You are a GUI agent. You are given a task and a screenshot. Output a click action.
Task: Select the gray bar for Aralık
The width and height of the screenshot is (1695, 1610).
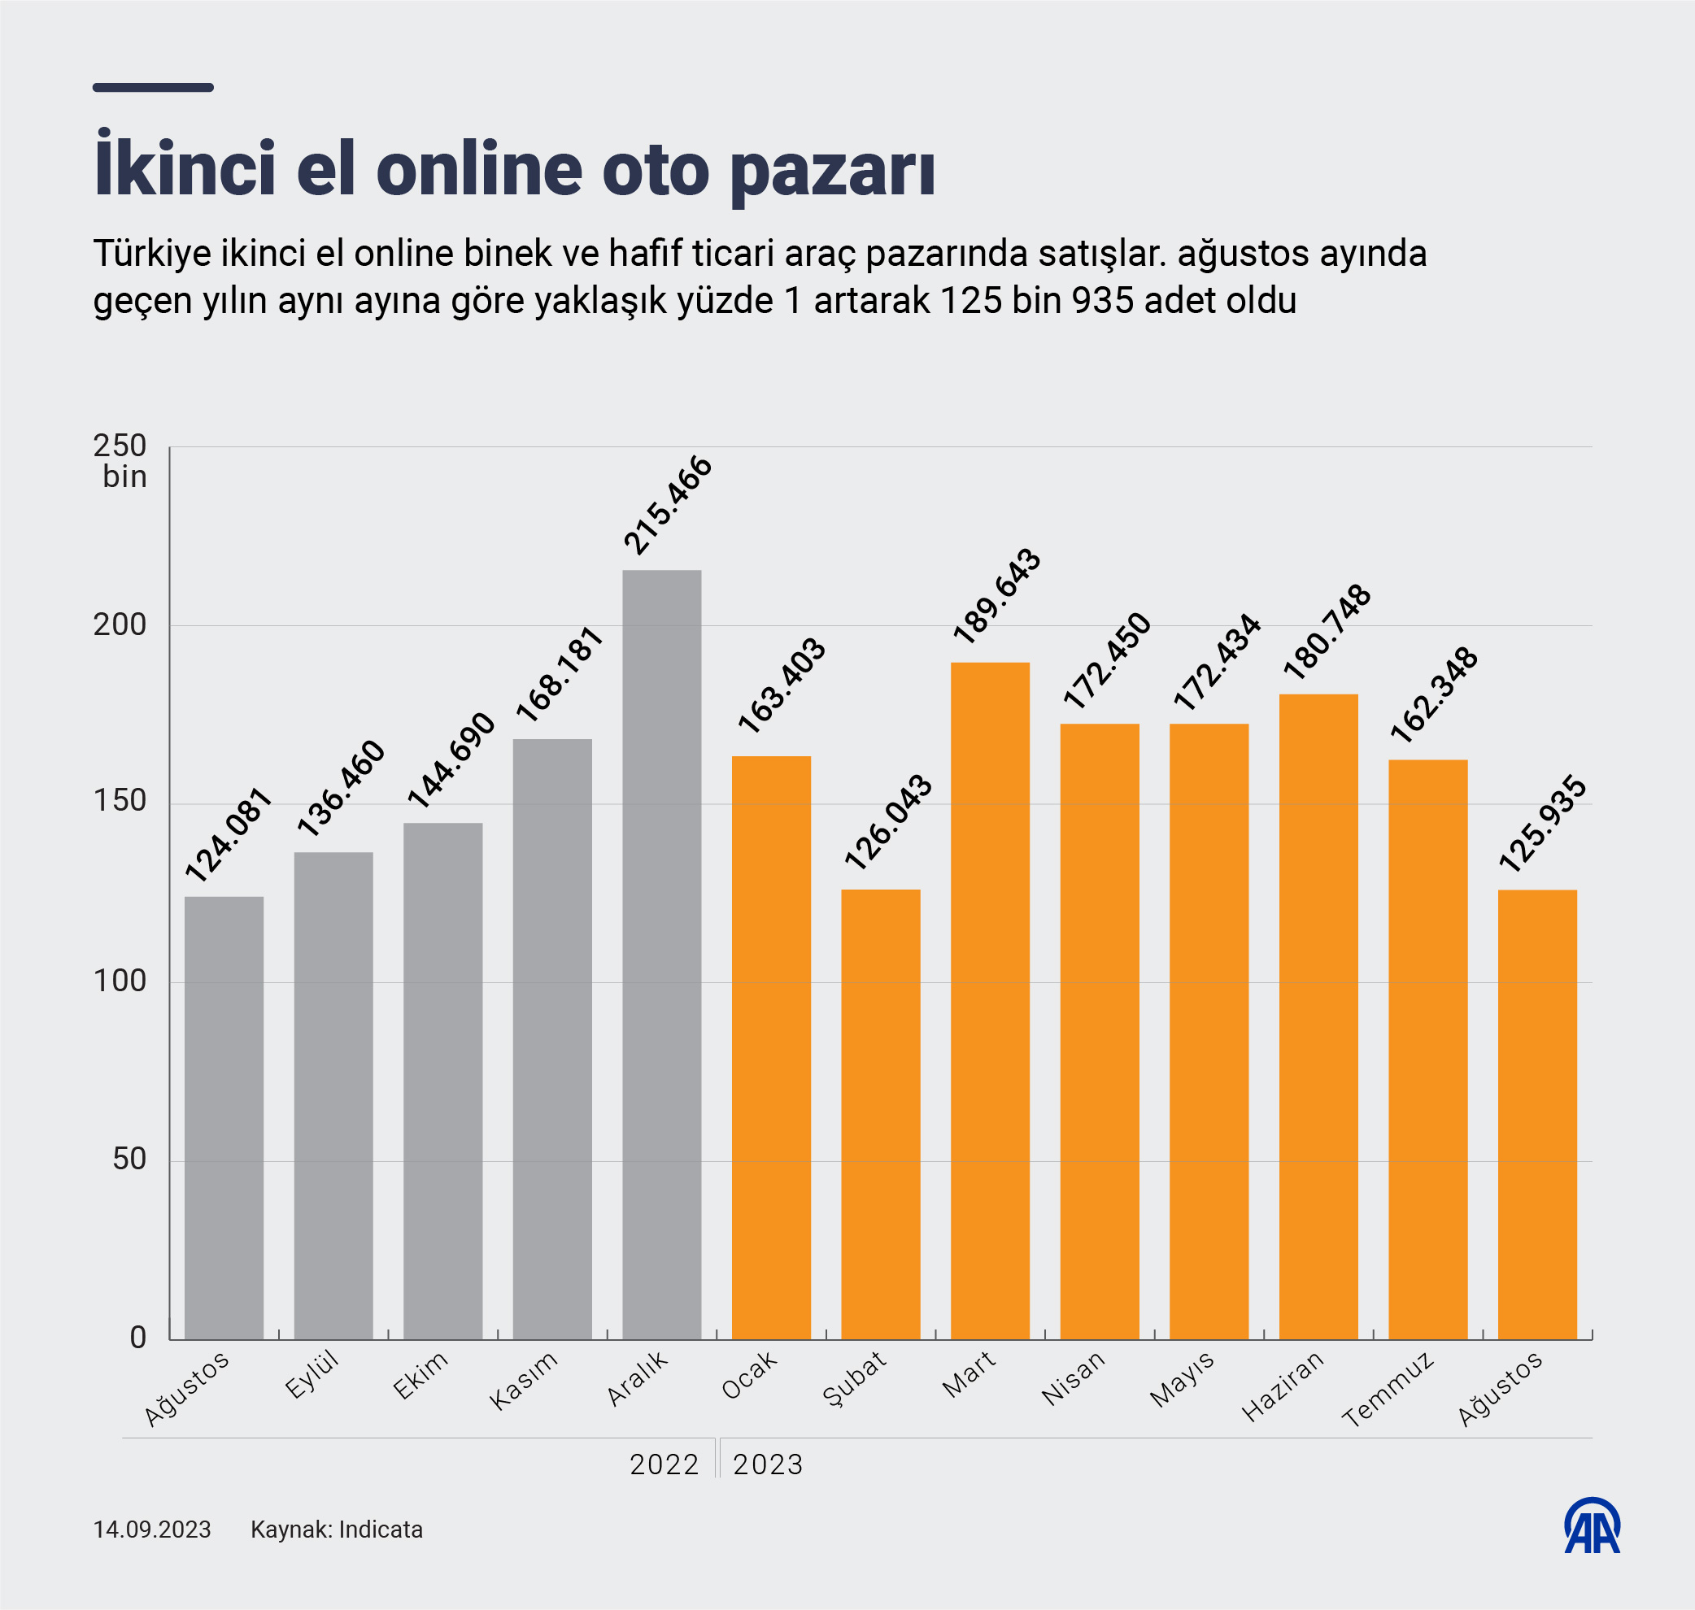662,953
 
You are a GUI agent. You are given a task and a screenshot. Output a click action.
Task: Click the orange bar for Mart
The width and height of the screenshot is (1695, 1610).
990,1000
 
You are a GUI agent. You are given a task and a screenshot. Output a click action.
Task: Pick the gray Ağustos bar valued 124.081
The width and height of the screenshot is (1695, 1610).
224,1116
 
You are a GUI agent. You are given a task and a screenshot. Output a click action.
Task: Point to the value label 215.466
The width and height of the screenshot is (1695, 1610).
668,506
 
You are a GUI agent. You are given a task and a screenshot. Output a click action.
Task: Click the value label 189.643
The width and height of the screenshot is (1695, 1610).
996,597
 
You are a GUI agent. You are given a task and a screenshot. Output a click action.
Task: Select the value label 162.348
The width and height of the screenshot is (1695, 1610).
1434,695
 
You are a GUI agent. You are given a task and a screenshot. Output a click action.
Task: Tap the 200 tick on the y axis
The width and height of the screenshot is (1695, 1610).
120,624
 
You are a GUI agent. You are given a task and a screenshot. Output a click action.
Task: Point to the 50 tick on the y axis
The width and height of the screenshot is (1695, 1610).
129,1160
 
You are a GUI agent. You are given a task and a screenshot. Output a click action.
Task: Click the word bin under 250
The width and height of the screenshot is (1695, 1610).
124,477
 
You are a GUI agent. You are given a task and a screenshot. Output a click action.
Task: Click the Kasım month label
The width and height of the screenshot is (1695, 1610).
524,1380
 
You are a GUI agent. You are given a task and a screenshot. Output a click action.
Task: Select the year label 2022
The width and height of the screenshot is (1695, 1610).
664,1464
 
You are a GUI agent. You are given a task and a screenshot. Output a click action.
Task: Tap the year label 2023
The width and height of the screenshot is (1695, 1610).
768,1464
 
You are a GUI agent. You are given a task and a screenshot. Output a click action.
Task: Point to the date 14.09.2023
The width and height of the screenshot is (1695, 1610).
152,1529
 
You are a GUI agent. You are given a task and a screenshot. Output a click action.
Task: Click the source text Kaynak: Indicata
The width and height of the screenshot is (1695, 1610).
337,1529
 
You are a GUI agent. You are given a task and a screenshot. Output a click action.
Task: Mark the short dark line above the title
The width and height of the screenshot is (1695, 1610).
153,88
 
